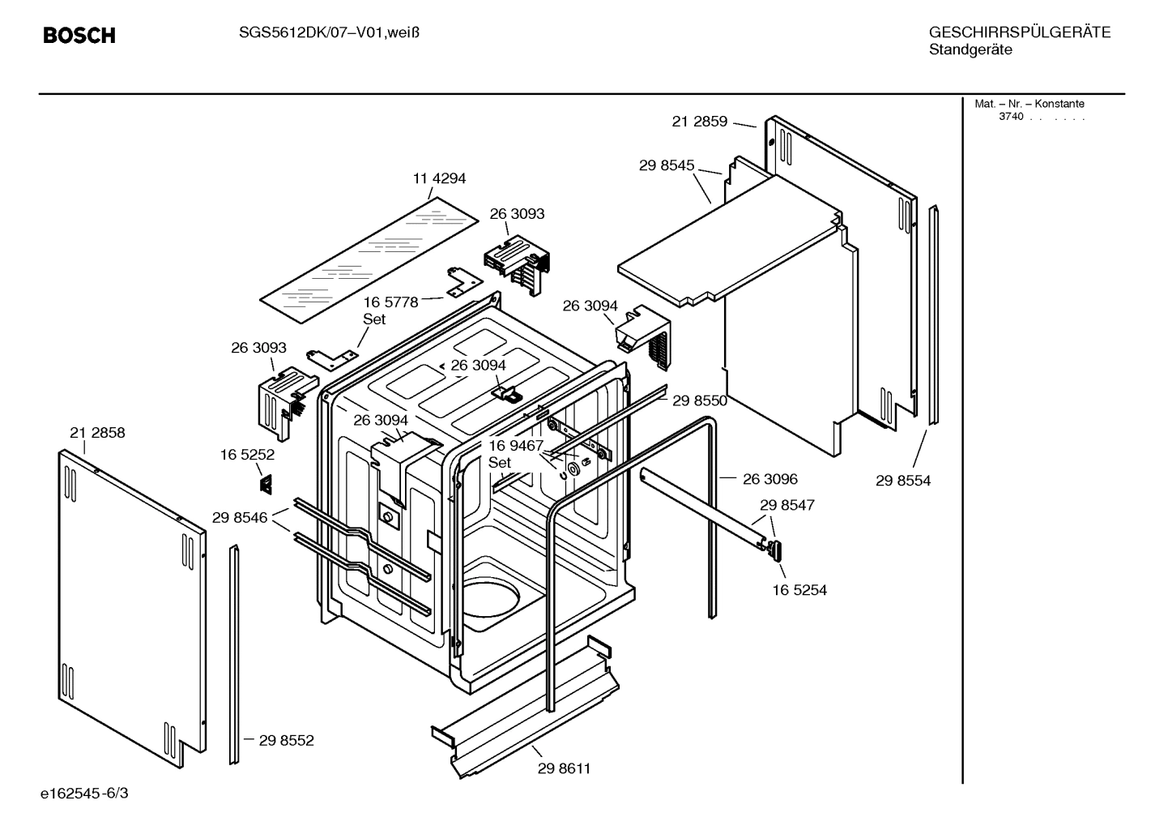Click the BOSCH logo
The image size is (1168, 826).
click(79, 36)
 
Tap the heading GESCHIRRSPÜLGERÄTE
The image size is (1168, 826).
click(1019, 32)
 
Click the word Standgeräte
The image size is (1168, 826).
click(970, 50)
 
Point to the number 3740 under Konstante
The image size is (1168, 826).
click(1010, 117)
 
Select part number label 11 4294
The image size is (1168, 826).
click(439, 178)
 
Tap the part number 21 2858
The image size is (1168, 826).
click(97, 433)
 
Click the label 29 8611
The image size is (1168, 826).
click(564, 768)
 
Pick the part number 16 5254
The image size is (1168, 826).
click(799, 590)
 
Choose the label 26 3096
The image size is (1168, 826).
click(769, 479)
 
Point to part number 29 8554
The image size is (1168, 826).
click(902, 481)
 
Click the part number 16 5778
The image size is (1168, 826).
click(390, 302)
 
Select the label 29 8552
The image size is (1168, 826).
click(286, 740)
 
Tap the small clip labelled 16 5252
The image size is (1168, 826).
click(265, 484)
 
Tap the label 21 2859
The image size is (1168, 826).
click(699, 122)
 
